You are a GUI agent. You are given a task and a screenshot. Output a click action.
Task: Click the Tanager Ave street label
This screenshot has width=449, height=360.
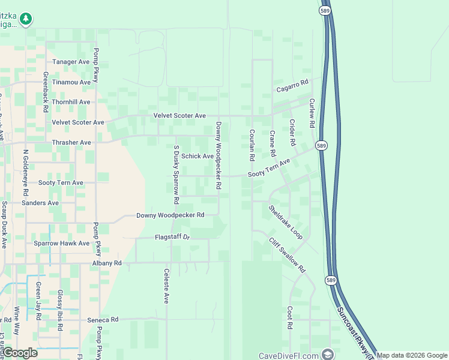coord(71,62)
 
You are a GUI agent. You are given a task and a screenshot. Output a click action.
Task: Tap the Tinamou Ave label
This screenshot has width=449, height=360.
coord(71,82)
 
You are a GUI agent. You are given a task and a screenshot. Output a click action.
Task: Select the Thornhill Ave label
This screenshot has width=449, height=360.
coord(70,102)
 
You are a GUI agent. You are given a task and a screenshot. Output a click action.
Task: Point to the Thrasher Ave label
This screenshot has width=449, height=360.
coord(71,142)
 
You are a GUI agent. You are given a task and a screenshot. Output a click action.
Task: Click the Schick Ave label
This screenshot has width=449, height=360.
coord(197,156)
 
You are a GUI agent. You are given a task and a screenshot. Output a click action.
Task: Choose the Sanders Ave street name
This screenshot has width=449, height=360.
coord(40,203)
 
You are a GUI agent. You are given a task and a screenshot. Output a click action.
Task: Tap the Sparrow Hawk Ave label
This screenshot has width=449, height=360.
coord(61,243)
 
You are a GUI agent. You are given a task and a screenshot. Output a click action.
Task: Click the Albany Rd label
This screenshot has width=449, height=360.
coord(107,263)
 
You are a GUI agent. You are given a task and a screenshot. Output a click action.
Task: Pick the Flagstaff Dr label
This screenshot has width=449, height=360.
coord(172,237)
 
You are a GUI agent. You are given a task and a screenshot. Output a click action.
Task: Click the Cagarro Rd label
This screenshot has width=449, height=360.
coord(292,86)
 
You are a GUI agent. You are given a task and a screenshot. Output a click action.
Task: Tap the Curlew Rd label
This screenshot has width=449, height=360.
coord(312,113)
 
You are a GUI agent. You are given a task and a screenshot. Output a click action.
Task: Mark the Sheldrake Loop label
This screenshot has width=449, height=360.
coord(286,222)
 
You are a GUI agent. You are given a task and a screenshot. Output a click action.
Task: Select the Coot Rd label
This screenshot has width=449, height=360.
coord(289,317)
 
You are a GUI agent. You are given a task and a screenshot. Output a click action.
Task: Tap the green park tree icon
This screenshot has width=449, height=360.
coord(25,19)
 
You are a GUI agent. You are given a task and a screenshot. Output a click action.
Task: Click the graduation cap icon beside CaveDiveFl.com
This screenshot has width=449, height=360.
coord(327,354)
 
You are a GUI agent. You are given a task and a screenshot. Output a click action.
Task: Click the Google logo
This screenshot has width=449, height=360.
coord(20,353)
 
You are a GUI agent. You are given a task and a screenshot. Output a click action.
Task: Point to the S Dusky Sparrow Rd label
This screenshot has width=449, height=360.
coord(176,174)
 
